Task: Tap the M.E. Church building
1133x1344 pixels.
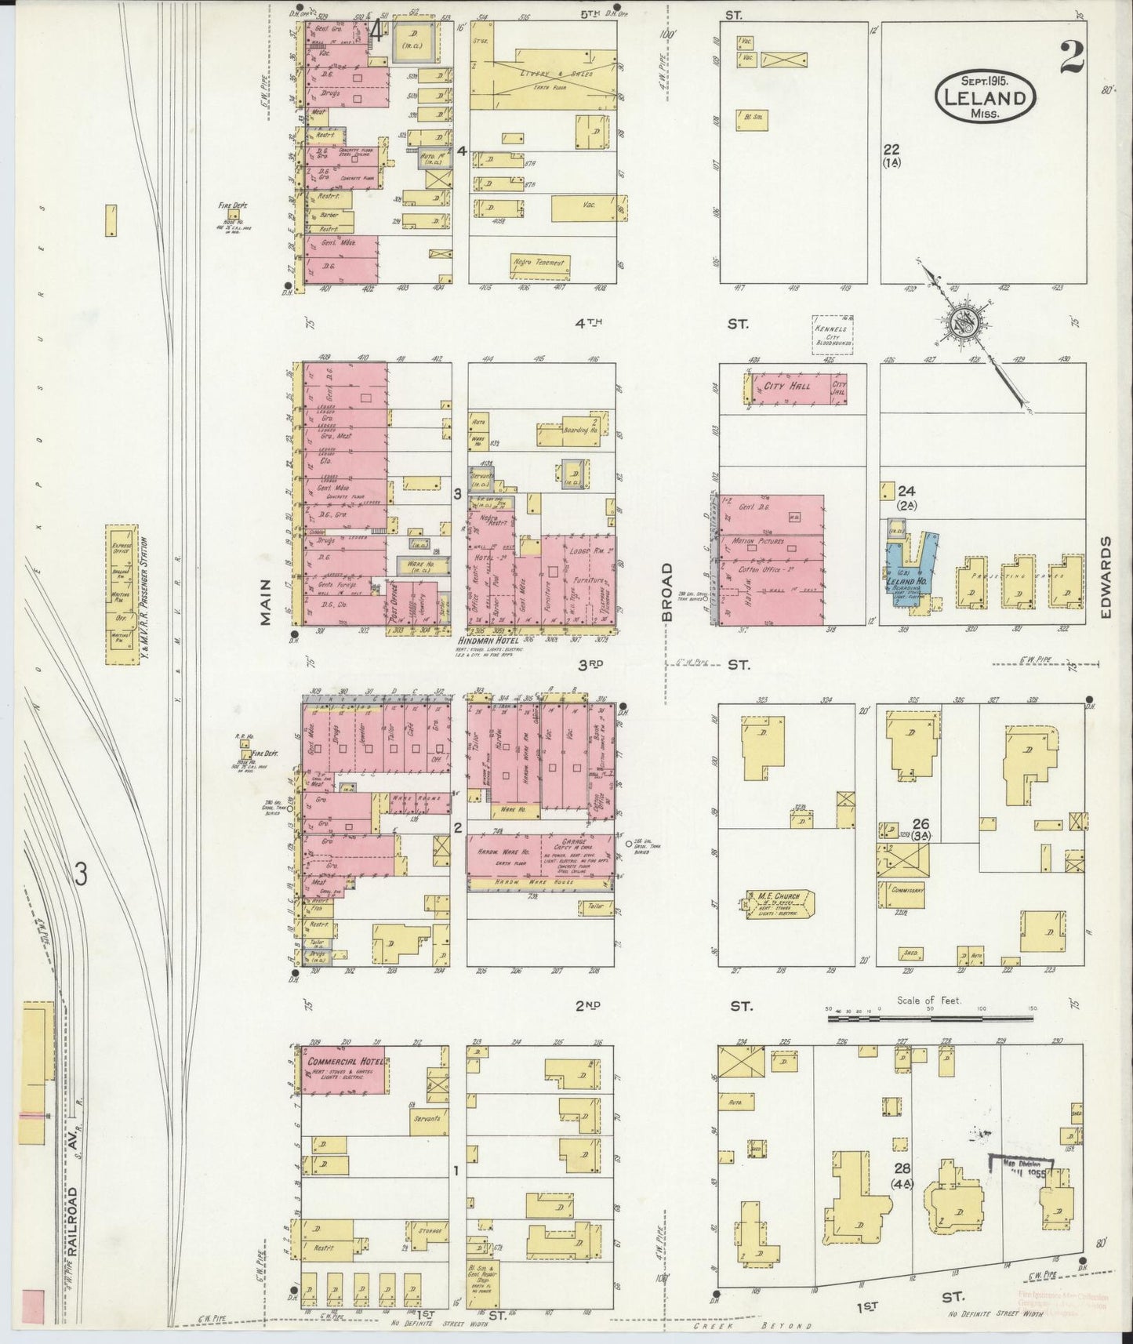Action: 776,903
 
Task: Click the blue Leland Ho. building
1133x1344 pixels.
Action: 906,572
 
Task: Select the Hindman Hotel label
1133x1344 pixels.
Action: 488,640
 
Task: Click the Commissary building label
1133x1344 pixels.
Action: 904,890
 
